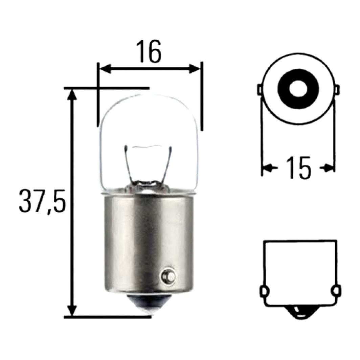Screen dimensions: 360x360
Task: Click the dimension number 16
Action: pos(149,52)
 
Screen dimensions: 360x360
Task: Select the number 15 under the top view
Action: pos(298,168)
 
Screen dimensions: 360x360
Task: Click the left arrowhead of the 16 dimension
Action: pos(106,69)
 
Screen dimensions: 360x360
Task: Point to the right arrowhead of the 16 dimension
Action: pos(195,69)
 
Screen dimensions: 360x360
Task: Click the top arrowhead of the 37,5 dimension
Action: pos(72,95)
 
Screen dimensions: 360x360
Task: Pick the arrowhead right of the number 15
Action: pos(329,167)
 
